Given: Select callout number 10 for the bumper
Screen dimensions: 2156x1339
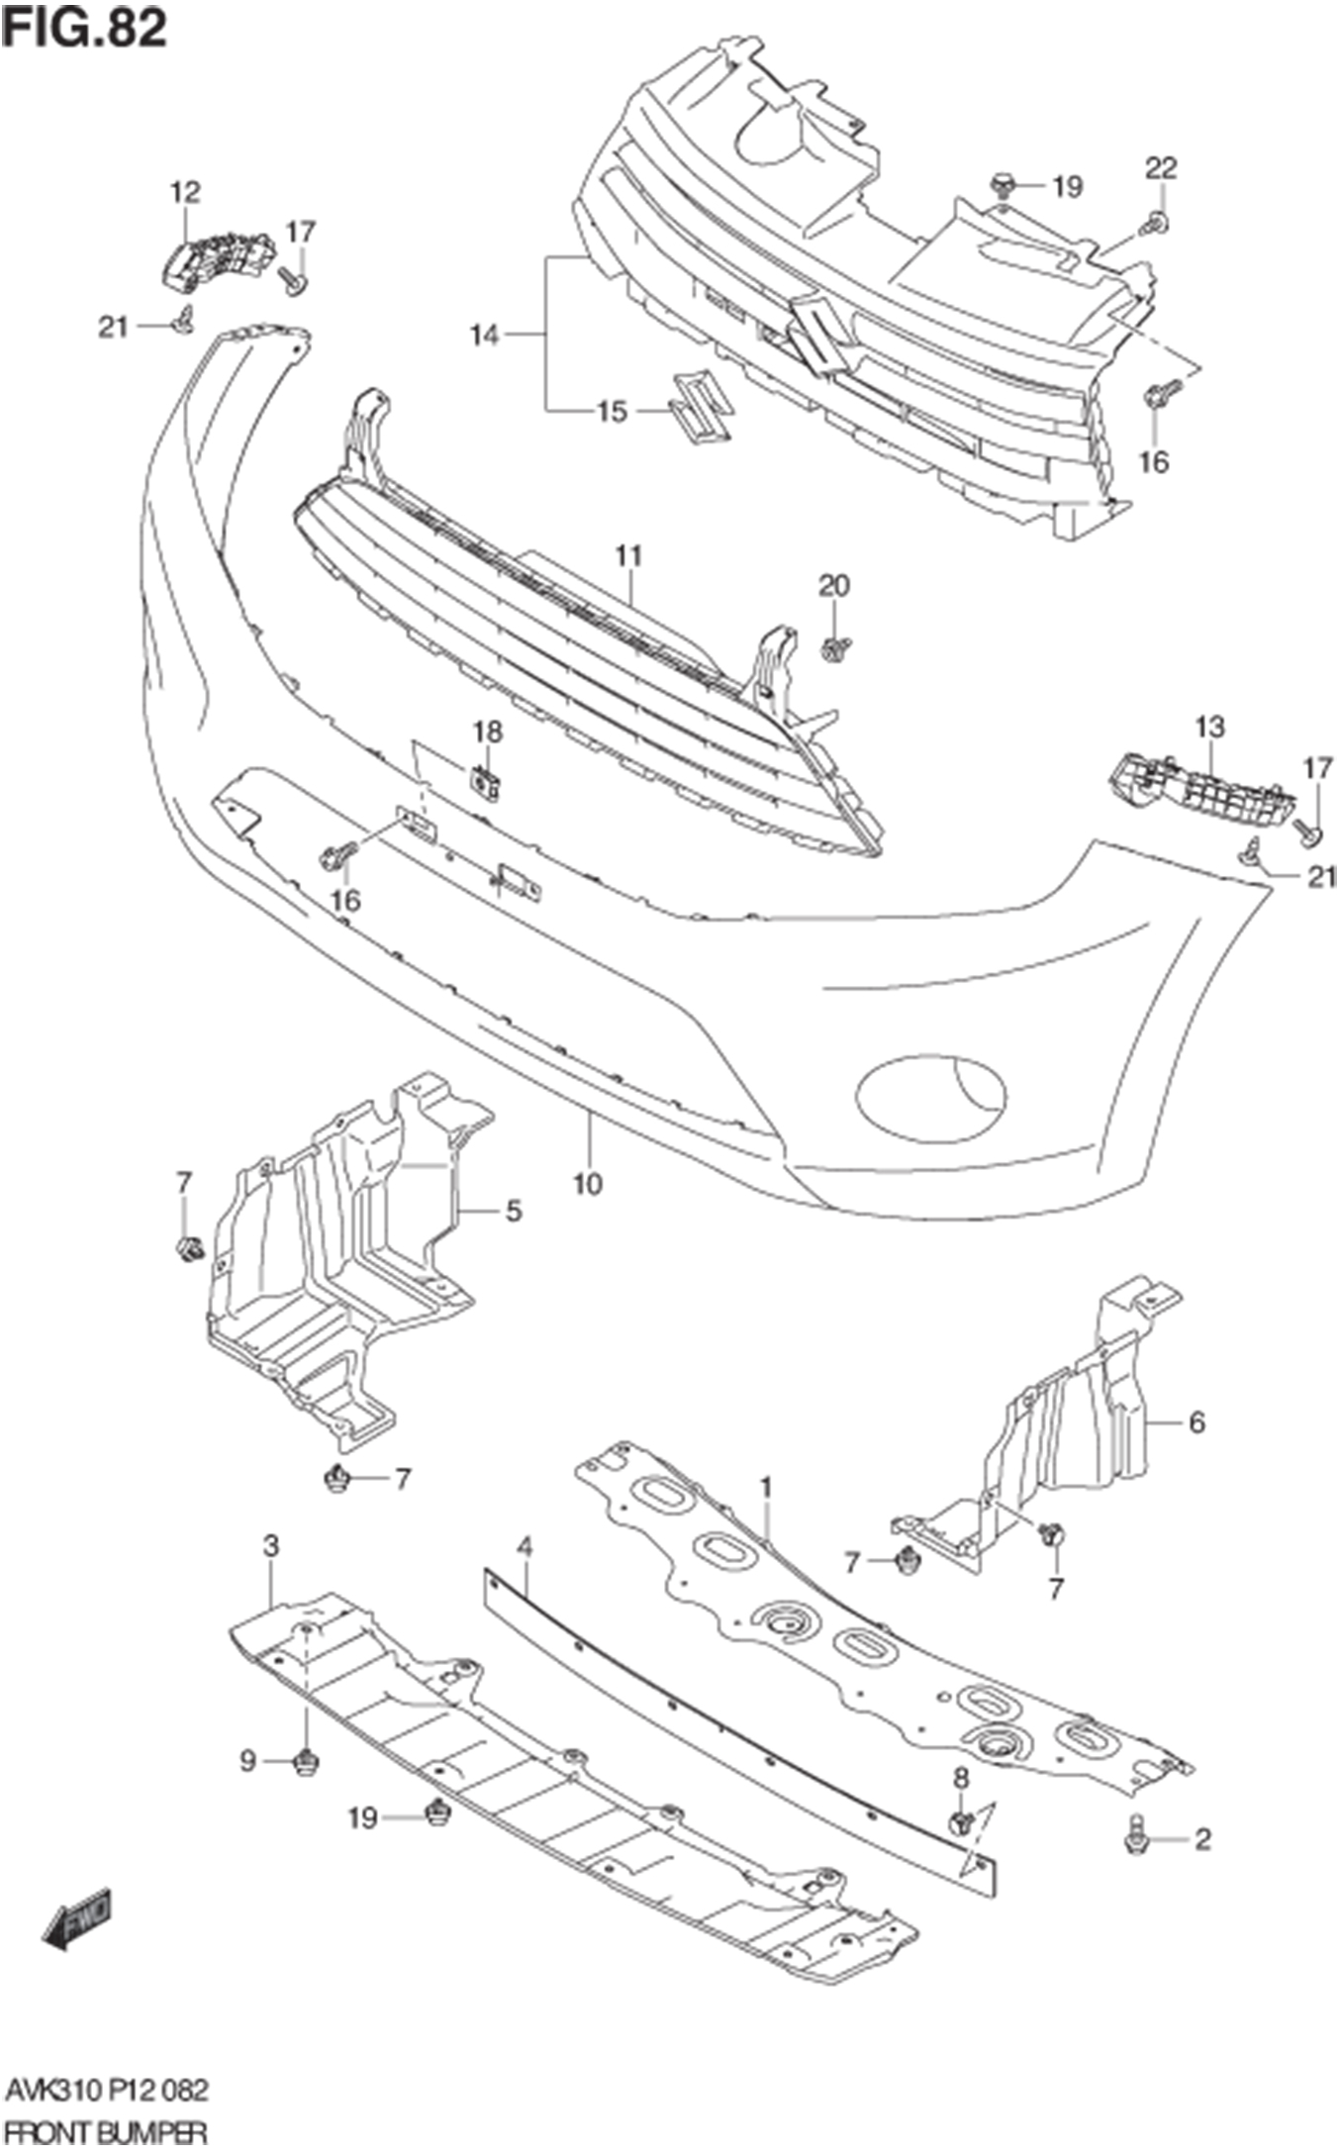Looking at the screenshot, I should tap(587, 1183).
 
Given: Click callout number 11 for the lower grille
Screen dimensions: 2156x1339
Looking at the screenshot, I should tap(628, 556).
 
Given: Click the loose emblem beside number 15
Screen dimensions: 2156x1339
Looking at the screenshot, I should tap(701, 406).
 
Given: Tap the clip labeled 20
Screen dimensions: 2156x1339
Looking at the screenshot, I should tap(834, 649).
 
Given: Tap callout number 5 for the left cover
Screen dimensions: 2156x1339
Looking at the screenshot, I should tap(514, 1210).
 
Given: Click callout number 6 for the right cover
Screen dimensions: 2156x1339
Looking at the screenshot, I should tap(1196, 1422).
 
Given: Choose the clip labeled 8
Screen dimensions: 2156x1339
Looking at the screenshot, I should tap(960, 1820).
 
